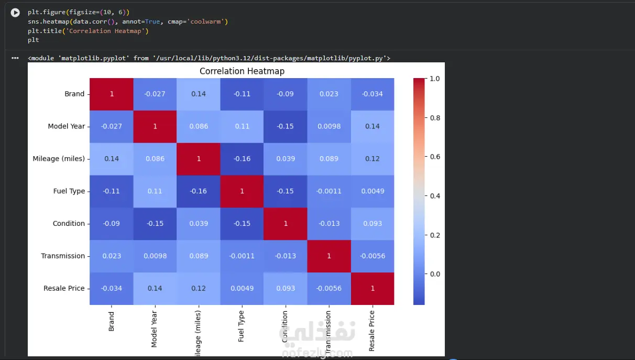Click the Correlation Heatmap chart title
242,71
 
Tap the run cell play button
15,13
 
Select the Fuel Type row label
69,191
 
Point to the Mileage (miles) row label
59,159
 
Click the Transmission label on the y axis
63,256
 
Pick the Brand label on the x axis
111,321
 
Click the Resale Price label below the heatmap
371,331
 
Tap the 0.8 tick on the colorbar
435,118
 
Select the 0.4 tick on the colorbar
435,196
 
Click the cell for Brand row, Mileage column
199,94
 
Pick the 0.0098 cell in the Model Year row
329,126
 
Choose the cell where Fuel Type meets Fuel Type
242,191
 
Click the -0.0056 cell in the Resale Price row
329,289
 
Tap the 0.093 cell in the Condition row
373,224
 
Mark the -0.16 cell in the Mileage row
242,159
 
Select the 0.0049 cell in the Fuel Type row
373,191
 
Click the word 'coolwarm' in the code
205,21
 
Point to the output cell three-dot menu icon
15,58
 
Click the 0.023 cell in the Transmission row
112,256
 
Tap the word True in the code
152,21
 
